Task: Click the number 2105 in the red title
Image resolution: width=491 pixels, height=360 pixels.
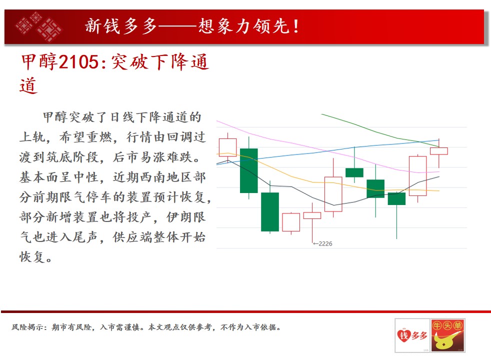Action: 78,61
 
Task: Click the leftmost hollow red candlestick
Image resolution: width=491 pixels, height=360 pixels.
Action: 227,147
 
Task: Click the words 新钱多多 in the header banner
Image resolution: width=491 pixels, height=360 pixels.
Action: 121,26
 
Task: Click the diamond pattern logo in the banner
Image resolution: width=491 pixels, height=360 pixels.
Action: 39,26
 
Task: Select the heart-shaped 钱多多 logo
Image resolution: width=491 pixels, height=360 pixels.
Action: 412,335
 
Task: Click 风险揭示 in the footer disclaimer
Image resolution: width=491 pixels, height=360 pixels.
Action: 27,327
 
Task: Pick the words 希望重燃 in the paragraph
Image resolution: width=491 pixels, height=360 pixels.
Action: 85,137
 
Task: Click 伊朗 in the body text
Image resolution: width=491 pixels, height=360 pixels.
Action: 179,217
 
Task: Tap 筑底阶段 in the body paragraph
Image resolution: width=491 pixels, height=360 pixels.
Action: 72,157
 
